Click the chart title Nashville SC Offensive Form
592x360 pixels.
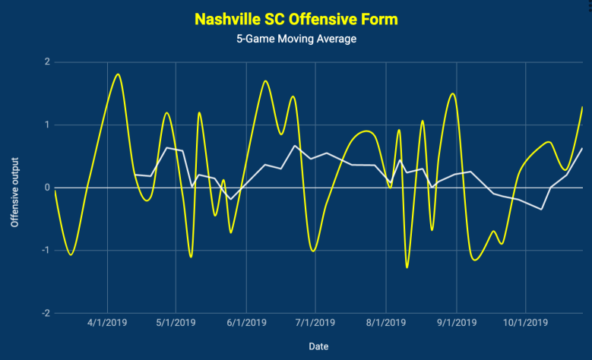click(x=296, y=17)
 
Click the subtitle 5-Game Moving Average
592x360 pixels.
click(x=296, y=39)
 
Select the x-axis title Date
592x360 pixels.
click(x=318, y=346)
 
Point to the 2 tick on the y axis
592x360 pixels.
click(x=46, y=62)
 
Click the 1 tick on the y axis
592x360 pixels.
click(x=46, y=125)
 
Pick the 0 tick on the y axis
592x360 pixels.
click(x=46, y=188)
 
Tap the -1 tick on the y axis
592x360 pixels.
click(x=45, y=251)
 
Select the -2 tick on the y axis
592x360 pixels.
click(x=45, y=313)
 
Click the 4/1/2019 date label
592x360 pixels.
click(x=107, y=323)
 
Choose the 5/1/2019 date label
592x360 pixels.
click(x=176, y=323)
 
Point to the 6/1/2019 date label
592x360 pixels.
click(x=246, y=323)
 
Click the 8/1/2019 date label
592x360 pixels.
click(x=385, y=323)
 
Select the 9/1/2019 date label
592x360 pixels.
click(x=456, y=323)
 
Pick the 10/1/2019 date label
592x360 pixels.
click(x=527, y=323)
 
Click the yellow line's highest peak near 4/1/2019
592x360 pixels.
click(x=118, y=74)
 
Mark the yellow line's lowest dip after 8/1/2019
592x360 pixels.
click(x=407, y=267)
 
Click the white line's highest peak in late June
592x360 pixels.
click(x=295, y=145)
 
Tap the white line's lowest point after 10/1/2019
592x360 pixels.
click(x=541, y=209)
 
